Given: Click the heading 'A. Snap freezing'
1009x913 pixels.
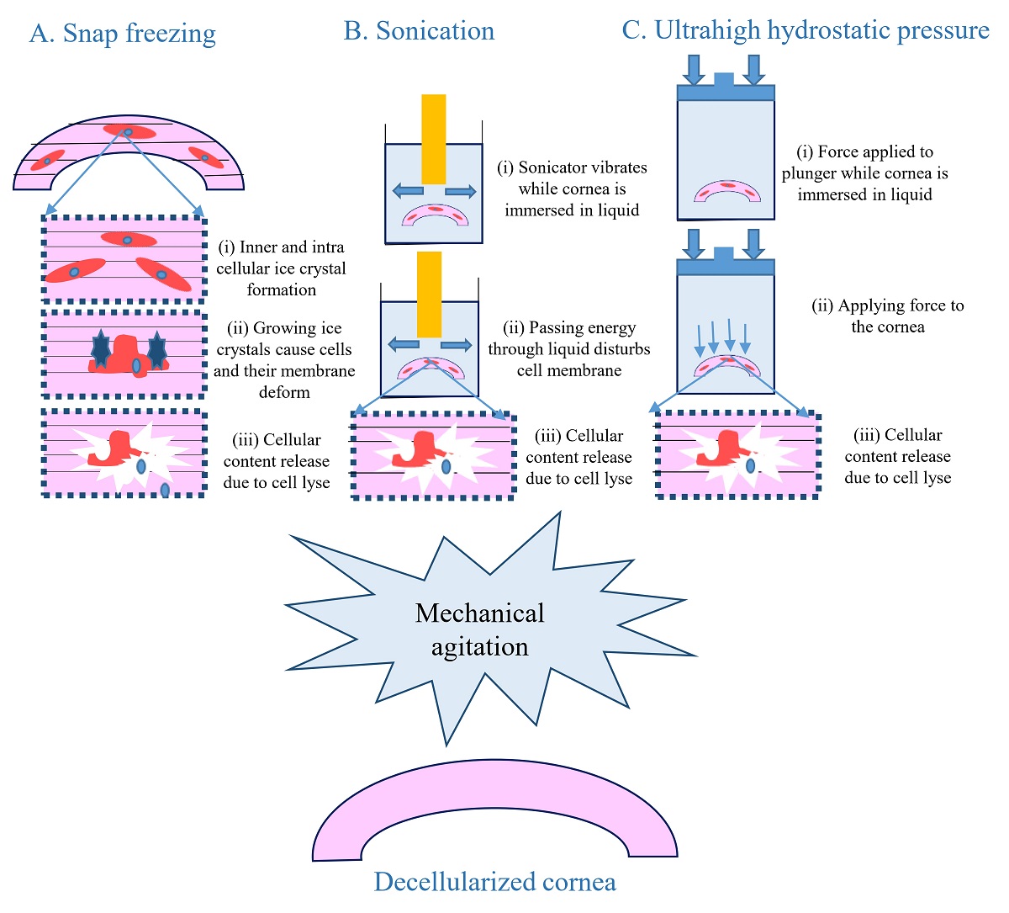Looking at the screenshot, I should (x=123, y=34).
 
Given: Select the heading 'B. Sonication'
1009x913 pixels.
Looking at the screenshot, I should (x=419, y=31).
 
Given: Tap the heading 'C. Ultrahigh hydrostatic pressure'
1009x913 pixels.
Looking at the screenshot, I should (x=805, y=30).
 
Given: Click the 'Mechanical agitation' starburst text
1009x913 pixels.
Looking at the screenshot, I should (x=480, y=629).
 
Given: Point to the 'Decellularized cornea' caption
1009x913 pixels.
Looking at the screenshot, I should (x=494, y=882).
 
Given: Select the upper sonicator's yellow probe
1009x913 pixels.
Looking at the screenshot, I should (x=434, y=139).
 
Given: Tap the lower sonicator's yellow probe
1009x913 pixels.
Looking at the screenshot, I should (x=429, y=295).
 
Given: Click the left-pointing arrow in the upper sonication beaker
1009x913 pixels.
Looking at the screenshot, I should (x=409, y=192).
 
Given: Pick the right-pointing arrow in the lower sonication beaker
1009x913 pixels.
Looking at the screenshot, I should (x=457, y=344).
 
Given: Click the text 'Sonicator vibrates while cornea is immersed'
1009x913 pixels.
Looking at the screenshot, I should (x=572, y=188).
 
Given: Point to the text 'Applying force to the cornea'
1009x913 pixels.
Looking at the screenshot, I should (x=887, y=316).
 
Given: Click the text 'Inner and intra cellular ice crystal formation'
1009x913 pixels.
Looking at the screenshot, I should (x=281, y=268).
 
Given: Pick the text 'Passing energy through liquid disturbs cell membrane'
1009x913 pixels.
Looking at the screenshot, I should (x=569, y=349).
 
